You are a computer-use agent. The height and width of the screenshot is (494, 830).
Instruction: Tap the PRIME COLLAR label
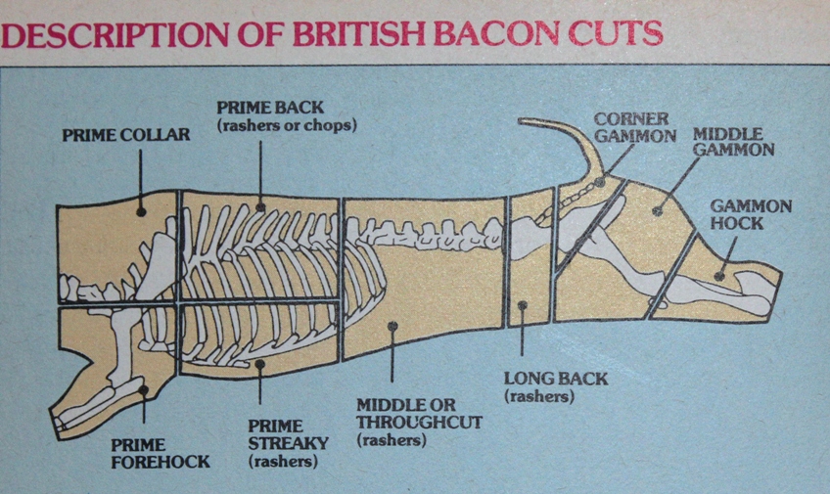126,135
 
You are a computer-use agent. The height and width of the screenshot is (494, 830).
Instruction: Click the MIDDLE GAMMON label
734,141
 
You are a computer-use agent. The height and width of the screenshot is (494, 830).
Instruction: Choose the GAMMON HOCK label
751,215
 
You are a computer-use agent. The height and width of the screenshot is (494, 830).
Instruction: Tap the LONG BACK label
555,379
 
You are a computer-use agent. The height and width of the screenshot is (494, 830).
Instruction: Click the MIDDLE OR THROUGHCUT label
406,413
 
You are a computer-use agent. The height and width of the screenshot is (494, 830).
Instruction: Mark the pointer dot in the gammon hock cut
721,277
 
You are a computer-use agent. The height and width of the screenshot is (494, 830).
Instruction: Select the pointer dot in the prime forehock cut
143,389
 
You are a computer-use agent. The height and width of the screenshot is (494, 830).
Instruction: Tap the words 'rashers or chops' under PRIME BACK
286,125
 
